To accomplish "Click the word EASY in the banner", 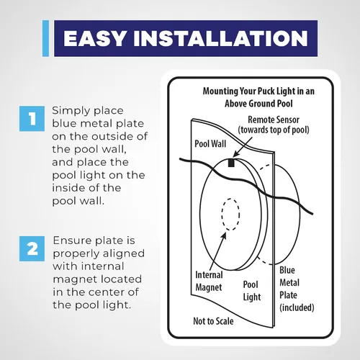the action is tap(95, 38).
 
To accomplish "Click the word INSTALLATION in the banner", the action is tap(221, 38).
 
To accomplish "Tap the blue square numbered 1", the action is tap(32, 119).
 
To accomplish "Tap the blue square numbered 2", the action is tap(32, 248).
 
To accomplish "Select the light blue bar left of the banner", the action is tap(45, 38).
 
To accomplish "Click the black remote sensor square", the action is tap(231, 163).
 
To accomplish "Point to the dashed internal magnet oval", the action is tap(230, 215).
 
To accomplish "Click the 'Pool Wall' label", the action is tap(210, 144).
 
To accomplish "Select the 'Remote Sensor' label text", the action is tap(274, 120).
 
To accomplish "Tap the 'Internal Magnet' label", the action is tap(209, 281).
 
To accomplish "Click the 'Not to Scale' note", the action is tap(213, 321).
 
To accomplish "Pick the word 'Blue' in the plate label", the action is tap(287, 270).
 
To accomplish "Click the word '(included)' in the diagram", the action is tap(297, 307).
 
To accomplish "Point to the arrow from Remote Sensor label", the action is tap(243, 147).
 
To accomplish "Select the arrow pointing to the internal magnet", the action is tap(217, 251).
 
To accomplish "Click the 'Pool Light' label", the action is tap(252, 291).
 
